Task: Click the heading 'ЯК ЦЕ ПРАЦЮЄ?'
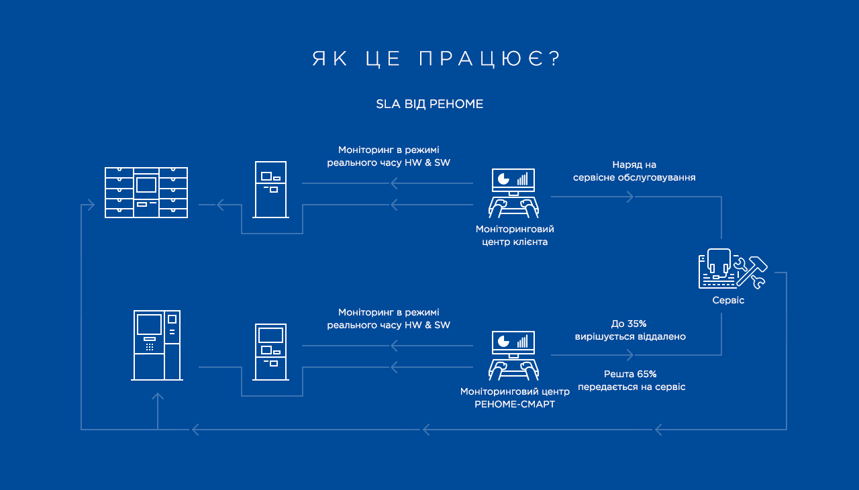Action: pos(436,58)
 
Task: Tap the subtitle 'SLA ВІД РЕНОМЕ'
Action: pos(429,104)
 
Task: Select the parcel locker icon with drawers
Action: pos(146,193)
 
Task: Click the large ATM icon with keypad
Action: pos(157,345)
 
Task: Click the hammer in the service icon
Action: pos(752,271)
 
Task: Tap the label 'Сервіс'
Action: pos(728,300)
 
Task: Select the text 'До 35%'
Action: pos(629,324)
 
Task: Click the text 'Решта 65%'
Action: pos(630,374)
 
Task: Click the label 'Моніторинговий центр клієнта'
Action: pos(515,236)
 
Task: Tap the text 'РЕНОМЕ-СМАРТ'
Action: pos(515,405)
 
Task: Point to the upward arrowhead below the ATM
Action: pos(158,397)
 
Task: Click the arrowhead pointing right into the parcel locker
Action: pos(91,205)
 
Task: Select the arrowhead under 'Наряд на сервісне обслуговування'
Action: pos(630,197)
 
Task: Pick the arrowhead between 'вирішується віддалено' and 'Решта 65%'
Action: pos(630,355)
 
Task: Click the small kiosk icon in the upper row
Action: pos(270,189)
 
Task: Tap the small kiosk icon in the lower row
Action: pos(270,352)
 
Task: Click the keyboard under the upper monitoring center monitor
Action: pos(513,209)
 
